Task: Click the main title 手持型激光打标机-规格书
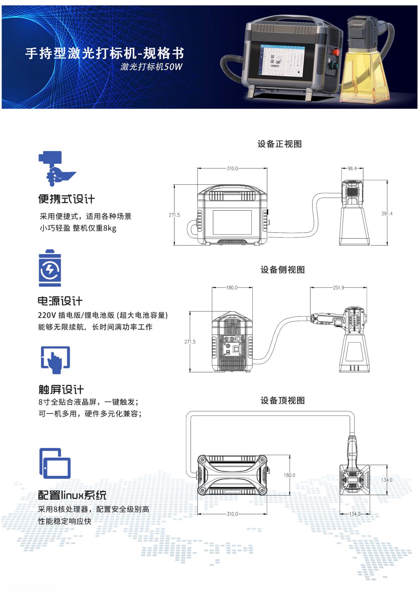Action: click(x=104, y=53)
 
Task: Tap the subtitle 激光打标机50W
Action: click(x=151, y=67)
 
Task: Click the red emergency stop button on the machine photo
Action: click(x=336, y=52)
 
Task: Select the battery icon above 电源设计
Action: click(x=50, y=268)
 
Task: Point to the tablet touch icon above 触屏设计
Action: click(x=55, y=360)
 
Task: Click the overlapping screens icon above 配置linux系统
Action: click(x=55, y=463)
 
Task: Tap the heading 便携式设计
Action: click(x=66, y=199)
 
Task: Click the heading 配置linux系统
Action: click(x=72, y=495)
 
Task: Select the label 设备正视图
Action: click(x=279, y=144)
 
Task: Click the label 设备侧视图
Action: click(x=283, y=270)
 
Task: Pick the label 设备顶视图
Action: click(x=283, y=400)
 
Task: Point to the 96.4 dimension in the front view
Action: click(x=352, y=168)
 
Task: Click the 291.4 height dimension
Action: click(x=387, y=213)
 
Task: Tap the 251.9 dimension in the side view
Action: click(x=338, y=288)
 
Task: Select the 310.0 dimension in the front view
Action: click(x=232, y=168)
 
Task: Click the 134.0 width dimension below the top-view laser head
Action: click(x=355, y=514)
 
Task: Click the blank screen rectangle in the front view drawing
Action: click(x=232, y=222)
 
